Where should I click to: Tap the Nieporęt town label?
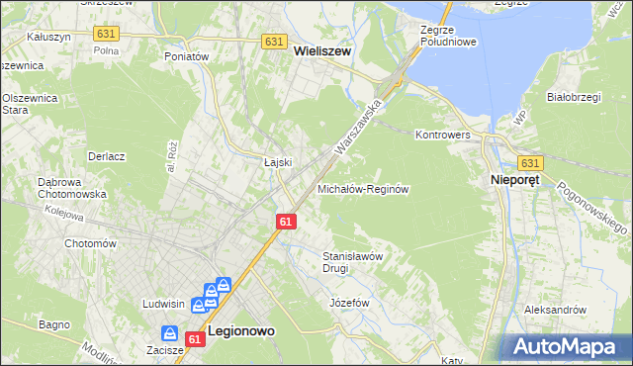click(514, 181)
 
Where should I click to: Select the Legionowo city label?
click(240, 332)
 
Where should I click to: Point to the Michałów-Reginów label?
click(363, 188)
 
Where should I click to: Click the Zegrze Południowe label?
click(449, 37)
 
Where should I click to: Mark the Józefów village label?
click(348, 301)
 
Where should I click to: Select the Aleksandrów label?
click(555, 310)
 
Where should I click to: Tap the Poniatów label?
click(188, 57)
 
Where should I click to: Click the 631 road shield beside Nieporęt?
click(530, 163)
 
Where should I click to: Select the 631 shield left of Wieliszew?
click(275, 42)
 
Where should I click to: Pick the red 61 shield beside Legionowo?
click(195, 339)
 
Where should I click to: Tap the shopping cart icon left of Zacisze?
click(169, 335)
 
